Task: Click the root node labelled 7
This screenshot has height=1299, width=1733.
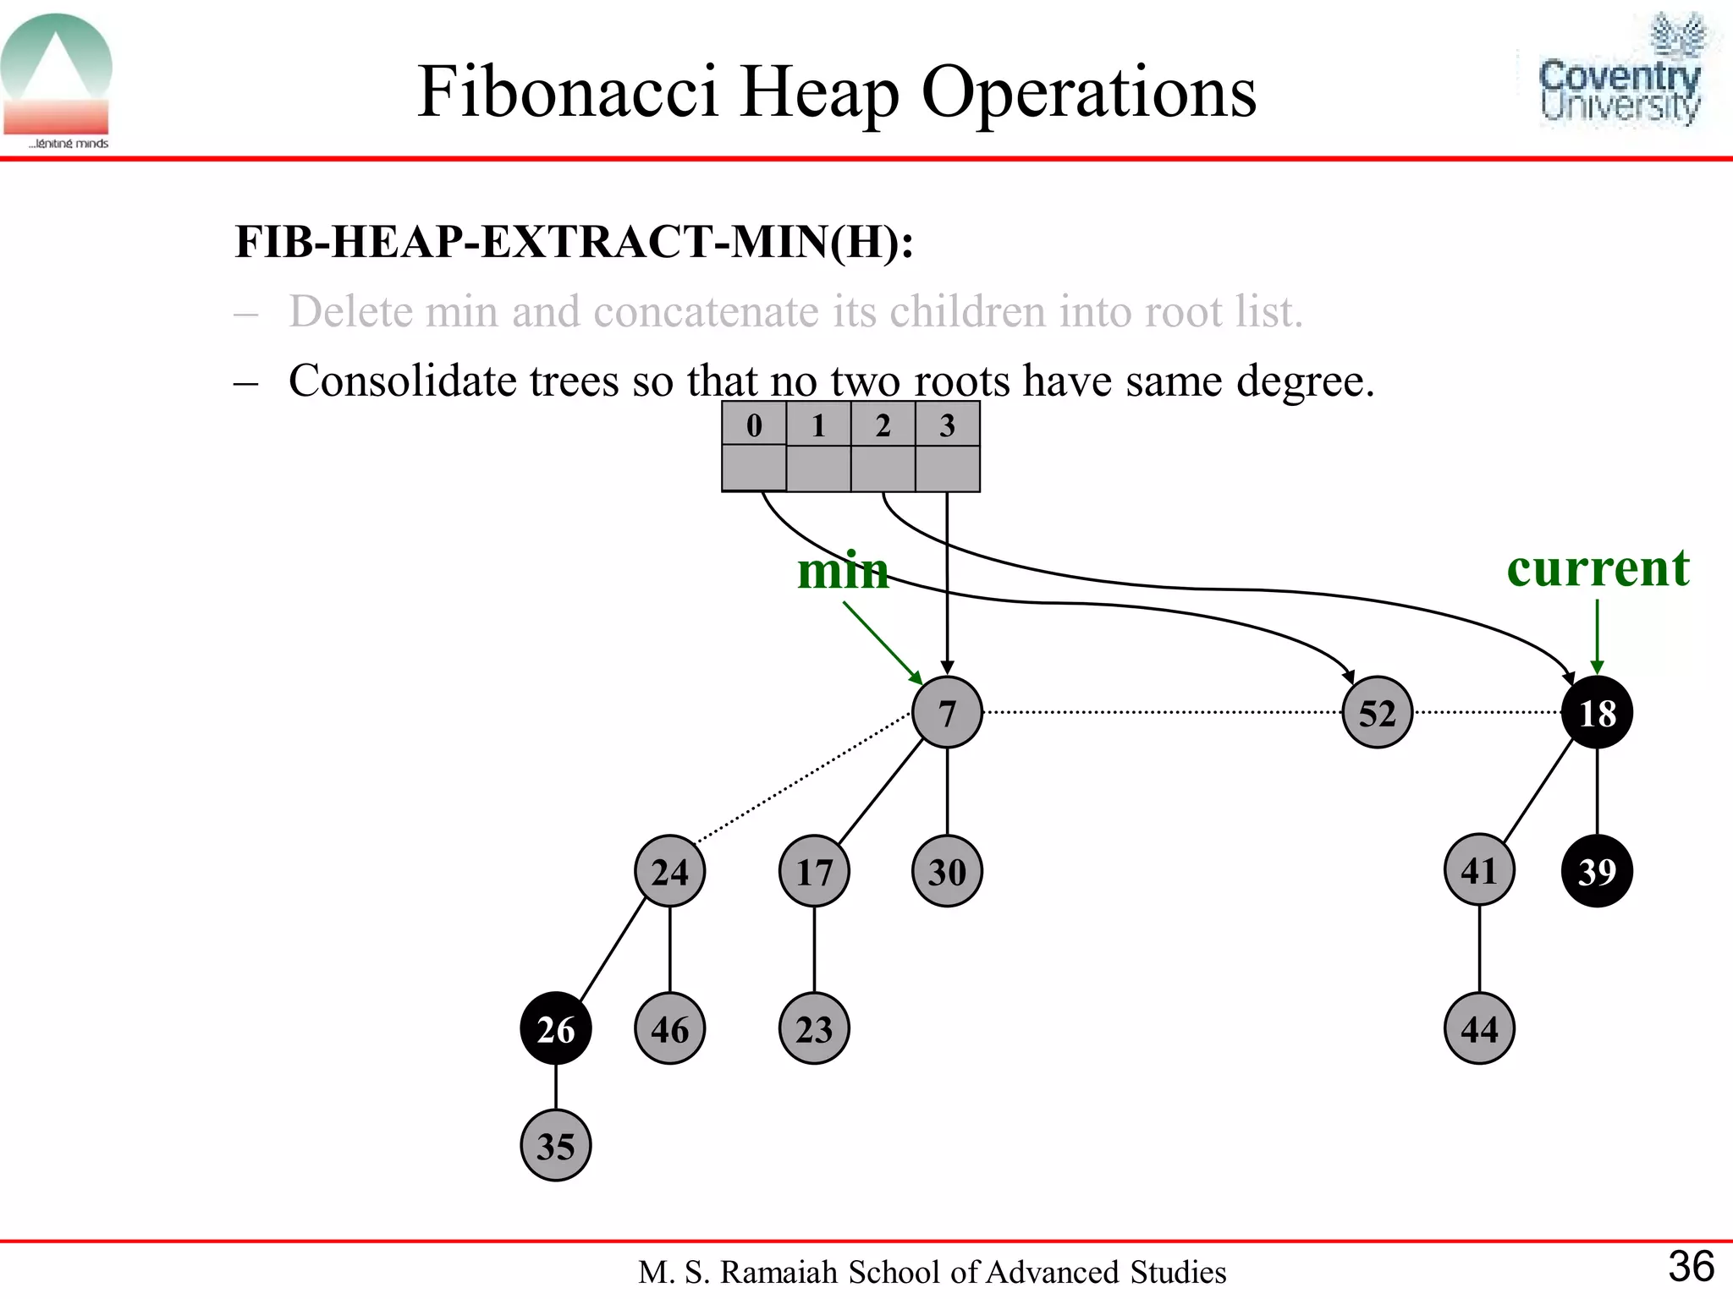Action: (x=947, y=712)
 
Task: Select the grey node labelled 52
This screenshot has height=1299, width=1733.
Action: (x=1377, y=712)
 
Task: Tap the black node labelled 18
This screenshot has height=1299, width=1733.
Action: (x=1597, y=712)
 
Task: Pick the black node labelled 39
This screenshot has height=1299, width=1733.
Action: (x=1597, y=871)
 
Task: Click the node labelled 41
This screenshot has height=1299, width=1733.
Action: (x=1479, y=869)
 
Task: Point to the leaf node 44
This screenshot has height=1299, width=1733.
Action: (x=1479, y=1028)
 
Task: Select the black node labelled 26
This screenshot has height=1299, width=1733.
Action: (x=555, y=1028)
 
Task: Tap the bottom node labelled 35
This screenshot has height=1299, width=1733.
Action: (x=555, y=1146)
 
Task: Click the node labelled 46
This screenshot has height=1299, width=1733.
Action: (x=669, y=1028)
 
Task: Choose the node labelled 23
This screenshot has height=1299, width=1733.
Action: (x=814, y=1028)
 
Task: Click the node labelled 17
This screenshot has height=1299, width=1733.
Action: (x=814, y=871)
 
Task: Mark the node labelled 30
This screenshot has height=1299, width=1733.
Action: (x=947, y=871)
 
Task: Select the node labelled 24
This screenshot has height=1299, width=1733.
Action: (x=669, y=871)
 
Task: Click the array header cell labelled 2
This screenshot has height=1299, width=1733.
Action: (x=883, y=425)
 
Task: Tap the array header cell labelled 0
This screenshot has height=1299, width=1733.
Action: (x=754, y=425)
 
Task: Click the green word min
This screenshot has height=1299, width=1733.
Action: (x=843, y=570)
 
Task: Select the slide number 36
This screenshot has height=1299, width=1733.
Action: (x=1691, y=1266)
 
